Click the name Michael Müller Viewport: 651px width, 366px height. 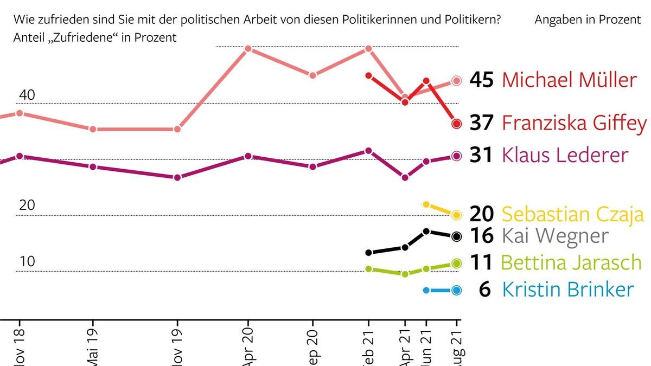569,80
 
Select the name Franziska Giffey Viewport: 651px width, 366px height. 574,123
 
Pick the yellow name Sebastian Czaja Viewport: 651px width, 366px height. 572,215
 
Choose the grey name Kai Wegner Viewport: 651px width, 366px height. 555,236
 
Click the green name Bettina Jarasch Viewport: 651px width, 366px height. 571,263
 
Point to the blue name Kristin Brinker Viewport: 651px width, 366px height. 567,290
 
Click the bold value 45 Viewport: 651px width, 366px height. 481,80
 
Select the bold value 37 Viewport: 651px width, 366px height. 481,123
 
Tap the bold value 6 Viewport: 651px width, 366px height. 485,290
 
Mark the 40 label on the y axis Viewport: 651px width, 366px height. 27,95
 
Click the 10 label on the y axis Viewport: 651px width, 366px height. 27,262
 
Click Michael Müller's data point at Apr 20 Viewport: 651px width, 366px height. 248,49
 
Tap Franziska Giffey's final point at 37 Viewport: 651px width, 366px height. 456,124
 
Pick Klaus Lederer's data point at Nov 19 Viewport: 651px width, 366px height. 177,177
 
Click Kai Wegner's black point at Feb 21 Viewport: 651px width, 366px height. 369,253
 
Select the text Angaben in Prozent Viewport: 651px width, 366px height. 588,20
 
